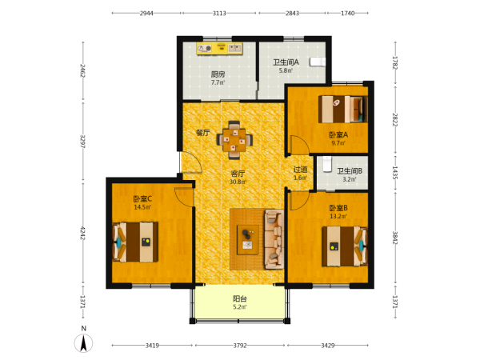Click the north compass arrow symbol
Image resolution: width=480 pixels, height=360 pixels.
pyautogui.click(x=83, y=343)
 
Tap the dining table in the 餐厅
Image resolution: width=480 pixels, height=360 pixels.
pyautogui.click(x=234, y=140)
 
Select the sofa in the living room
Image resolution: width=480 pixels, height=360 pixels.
pyautogui.click(x=274, y=239)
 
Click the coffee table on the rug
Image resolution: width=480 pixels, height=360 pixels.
pyautogui.click(x=248, y=240)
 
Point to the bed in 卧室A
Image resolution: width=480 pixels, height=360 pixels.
pyautogui.click(x=342, y=110)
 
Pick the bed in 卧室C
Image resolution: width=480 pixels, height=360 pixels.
pyautogui.click(x=135, y=242)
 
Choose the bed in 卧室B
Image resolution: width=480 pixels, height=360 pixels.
pyautogui.click(x=345, y=246)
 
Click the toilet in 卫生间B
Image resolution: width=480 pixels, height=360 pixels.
pyautogui.click(x=327, y=165)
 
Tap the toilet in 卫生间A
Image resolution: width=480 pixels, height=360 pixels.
pyautogui.click(x=317, y=62)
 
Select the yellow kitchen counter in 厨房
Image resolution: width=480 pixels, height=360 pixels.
pyautogui.click(x=220, y=49)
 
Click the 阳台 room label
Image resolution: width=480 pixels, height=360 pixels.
pyautogui.click(x=240, y=298)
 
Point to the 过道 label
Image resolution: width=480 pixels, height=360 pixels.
pyautogui.click(x=300, y=170)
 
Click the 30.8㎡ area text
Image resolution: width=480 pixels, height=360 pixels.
pyautogui.click(x=238, y=182)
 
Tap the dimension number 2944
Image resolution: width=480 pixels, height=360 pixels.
pyautogui.click(x=146, y=13)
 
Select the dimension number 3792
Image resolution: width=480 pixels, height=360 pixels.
pyautogui.click(x=240, y=346)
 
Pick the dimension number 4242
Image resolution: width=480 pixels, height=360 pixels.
pyautogui.click(x=82, y=234)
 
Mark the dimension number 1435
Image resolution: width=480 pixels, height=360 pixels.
pyautogui.click(x=395, y=173)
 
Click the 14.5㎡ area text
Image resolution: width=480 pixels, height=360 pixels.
pyautogui.click(x=142, y=207)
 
